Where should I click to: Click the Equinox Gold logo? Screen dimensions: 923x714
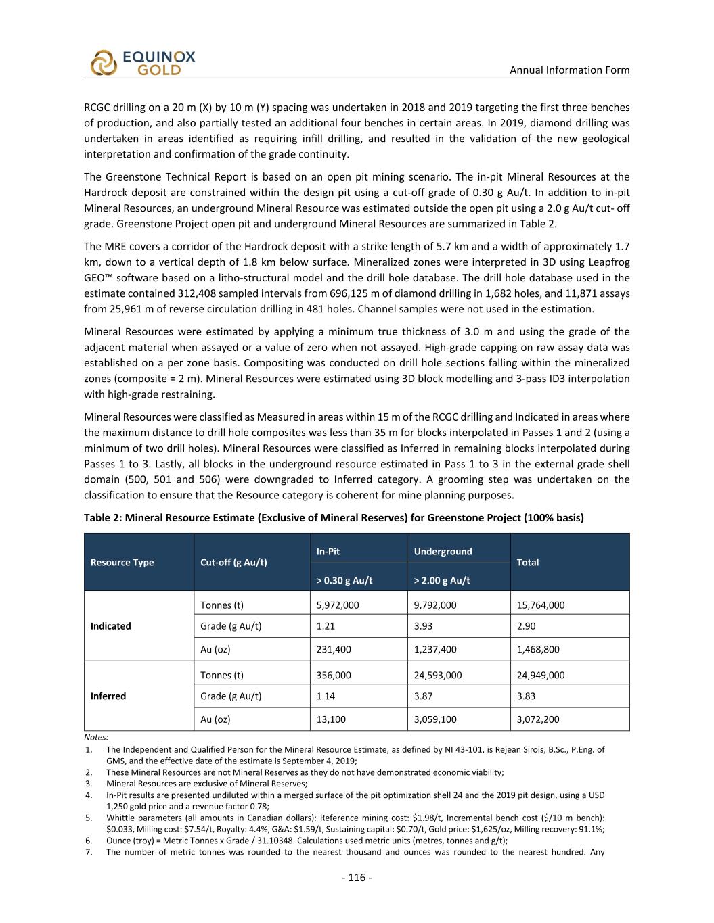[x=143, y=63]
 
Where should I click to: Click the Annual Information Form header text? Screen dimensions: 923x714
[x=569, y=70]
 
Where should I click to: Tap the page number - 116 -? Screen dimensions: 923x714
[x=357, y=878]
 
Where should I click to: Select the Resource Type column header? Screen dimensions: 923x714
[x=122, y=562]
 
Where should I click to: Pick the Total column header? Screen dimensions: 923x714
[x=527, y=562]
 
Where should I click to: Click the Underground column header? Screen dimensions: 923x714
[x=443, y=551]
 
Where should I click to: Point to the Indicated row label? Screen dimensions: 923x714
[x=110, y=626]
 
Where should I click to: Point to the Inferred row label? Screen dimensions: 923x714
[x=108, y=696]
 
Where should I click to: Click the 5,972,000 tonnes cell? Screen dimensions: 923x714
[x=338, y=605]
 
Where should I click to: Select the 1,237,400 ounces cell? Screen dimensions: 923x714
[x=435, y=649]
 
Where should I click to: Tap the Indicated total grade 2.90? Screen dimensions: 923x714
[x=526, y=626]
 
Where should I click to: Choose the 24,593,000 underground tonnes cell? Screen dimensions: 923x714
[x=438, y=675]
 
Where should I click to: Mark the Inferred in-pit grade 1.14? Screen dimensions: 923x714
[x=326, y=696]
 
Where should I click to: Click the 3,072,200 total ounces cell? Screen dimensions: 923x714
[x=538, y=719]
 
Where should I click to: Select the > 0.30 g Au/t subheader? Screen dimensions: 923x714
[x=344, y=580]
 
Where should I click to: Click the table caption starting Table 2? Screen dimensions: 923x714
[x=334, y=518]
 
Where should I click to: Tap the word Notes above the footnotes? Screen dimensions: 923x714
[x=96, y=737]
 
